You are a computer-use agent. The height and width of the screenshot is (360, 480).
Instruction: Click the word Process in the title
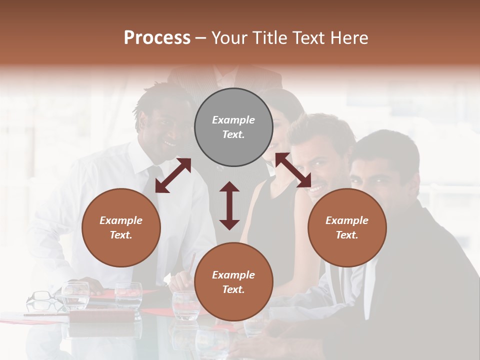157,37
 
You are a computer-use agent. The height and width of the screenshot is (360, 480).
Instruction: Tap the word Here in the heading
349,37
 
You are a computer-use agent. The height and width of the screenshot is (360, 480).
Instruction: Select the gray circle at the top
233,127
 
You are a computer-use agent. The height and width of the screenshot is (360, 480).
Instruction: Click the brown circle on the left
121,227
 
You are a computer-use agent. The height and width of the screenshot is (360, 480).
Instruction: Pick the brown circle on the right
347,227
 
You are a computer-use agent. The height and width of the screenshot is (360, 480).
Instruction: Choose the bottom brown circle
233,282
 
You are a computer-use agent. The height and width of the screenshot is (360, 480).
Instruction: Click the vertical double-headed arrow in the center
229,205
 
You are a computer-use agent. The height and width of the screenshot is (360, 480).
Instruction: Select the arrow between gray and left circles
173,175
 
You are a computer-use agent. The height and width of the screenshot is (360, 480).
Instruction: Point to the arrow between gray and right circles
293,170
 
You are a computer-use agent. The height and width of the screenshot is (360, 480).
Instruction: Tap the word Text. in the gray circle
233,134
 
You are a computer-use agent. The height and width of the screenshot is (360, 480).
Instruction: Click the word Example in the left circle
121,220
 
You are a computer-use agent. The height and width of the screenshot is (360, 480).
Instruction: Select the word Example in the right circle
347,220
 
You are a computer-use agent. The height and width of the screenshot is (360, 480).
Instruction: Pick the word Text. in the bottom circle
233,289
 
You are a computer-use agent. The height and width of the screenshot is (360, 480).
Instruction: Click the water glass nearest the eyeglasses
75,295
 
